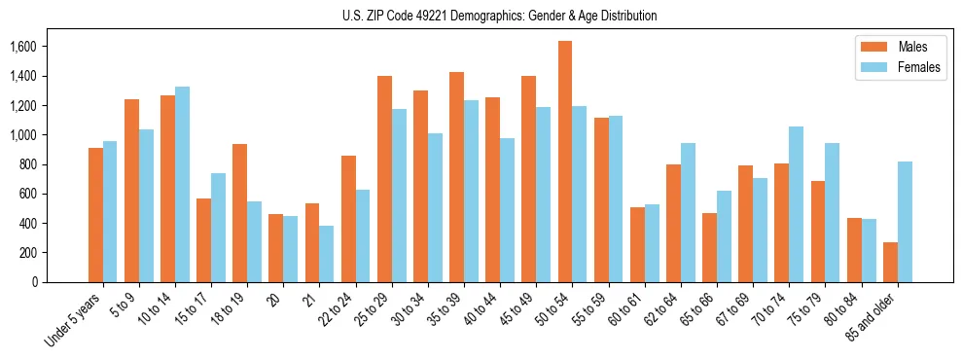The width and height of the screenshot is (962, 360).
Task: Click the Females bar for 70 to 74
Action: click(797, 204)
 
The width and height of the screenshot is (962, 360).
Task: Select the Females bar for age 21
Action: click(327, 254)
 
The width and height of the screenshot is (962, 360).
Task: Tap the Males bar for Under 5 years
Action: click(95, 215)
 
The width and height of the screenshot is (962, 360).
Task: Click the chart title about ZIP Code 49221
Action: click(500, 16)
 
